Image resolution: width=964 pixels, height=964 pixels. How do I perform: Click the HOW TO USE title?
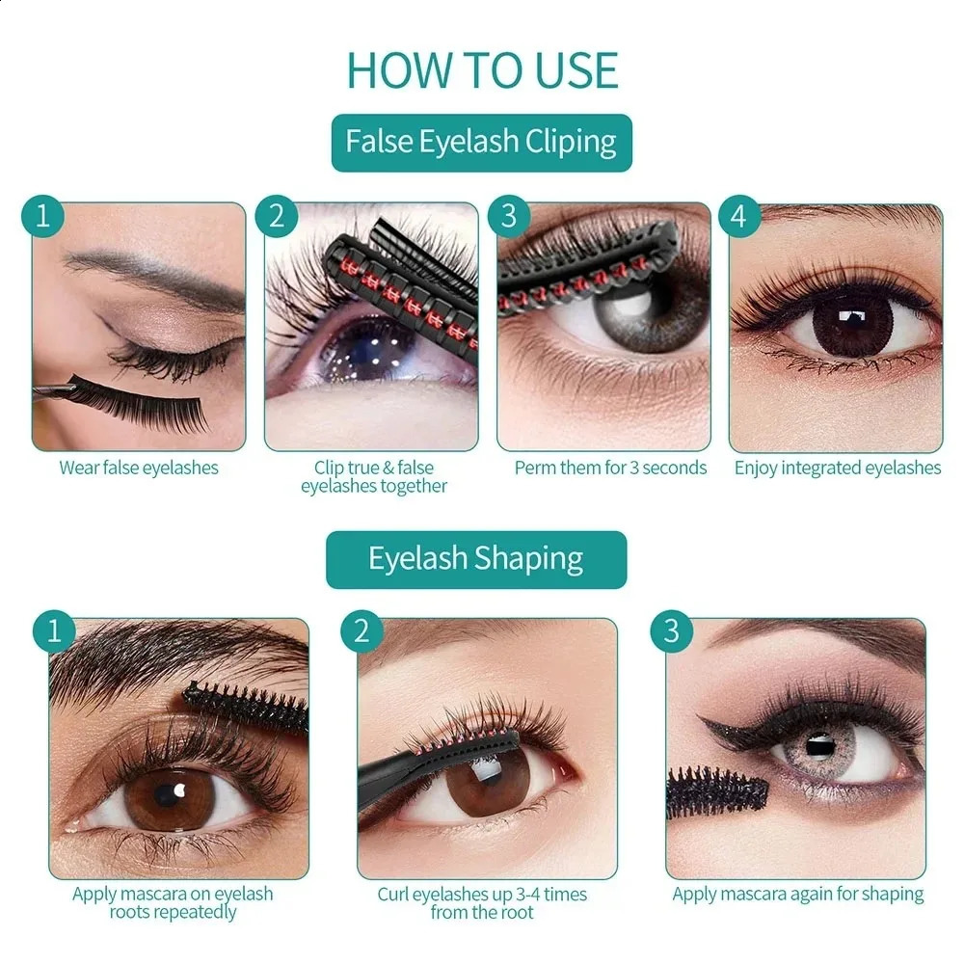point(482,69)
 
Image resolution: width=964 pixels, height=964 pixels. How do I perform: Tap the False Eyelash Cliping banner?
point(481,143)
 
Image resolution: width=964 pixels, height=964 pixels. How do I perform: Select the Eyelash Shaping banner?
point(475,559)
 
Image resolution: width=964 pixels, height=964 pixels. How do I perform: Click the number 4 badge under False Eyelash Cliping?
point(738,216)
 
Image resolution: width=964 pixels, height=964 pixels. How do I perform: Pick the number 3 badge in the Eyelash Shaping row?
point(671,631)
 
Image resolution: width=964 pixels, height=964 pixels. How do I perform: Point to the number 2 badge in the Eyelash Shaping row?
point(361,631)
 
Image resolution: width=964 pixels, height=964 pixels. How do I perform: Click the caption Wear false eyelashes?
point(139,469)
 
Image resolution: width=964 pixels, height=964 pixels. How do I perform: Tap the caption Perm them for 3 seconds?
point(610,469)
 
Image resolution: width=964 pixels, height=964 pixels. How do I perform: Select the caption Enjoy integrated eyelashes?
point(837,469)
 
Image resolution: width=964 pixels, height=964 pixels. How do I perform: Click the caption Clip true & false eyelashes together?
point(374,477)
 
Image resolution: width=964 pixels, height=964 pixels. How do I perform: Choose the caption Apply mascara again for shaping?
point(797,895)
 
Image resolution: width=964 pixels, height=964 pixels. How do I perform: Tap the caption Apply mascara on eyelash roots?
point(173,903)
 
